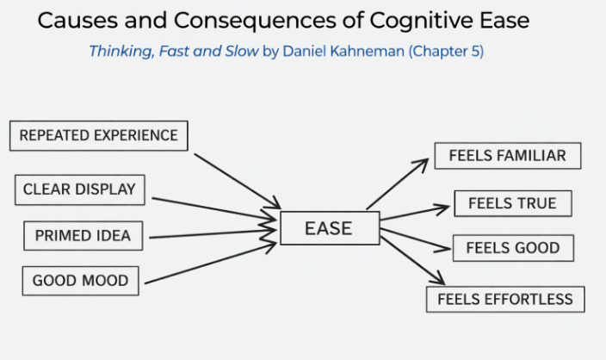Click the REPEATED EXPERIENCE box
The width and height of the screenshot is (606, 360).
pyautogui.click(x=98, y=136)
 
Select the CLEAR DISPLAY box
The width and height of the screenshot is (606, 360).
pyautogui.click(x=79, y=189)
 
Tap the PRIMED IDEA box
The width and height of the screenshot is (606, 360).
pyautogui.click(x=83, y=235)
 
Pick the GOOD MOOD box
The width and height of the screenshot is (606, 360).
pyautogui.click(x=80, y=281)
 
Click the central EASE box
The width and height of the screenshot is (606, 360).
pyautogui.click(x=329, y=228)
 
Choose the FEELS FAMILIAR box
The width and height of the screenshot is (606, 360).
pyautogui.click(x=507, y=156)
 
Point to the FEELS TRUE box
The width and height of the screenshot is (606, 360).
pyautogui.click(x=512, y=204)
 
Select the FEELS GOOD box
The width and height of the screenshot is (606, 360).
pyautogui.click(x=512, y=248)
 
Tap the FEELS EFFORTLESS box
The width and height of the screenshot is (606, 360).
pyautogui.click(x=505, y=300)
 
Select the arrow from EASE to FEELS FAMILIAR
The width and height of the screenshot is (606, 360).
pyautogui.click(x=397, y=184)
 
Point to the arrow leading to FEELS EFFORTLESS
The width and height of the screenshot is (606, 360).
pyautogui.click(x=412, y=259)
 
